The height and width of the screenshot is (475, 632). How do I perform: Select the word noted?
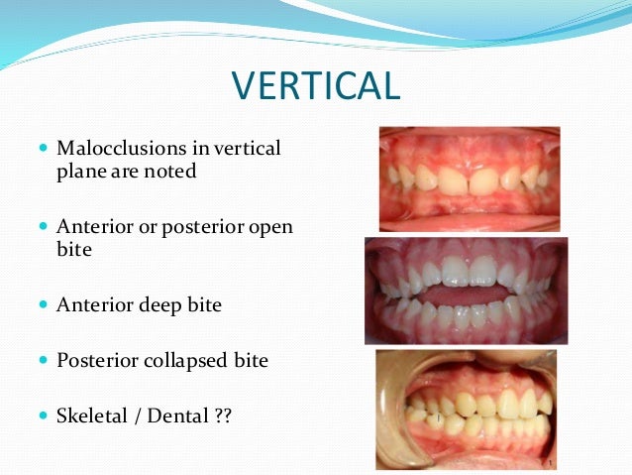(171, 172)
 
